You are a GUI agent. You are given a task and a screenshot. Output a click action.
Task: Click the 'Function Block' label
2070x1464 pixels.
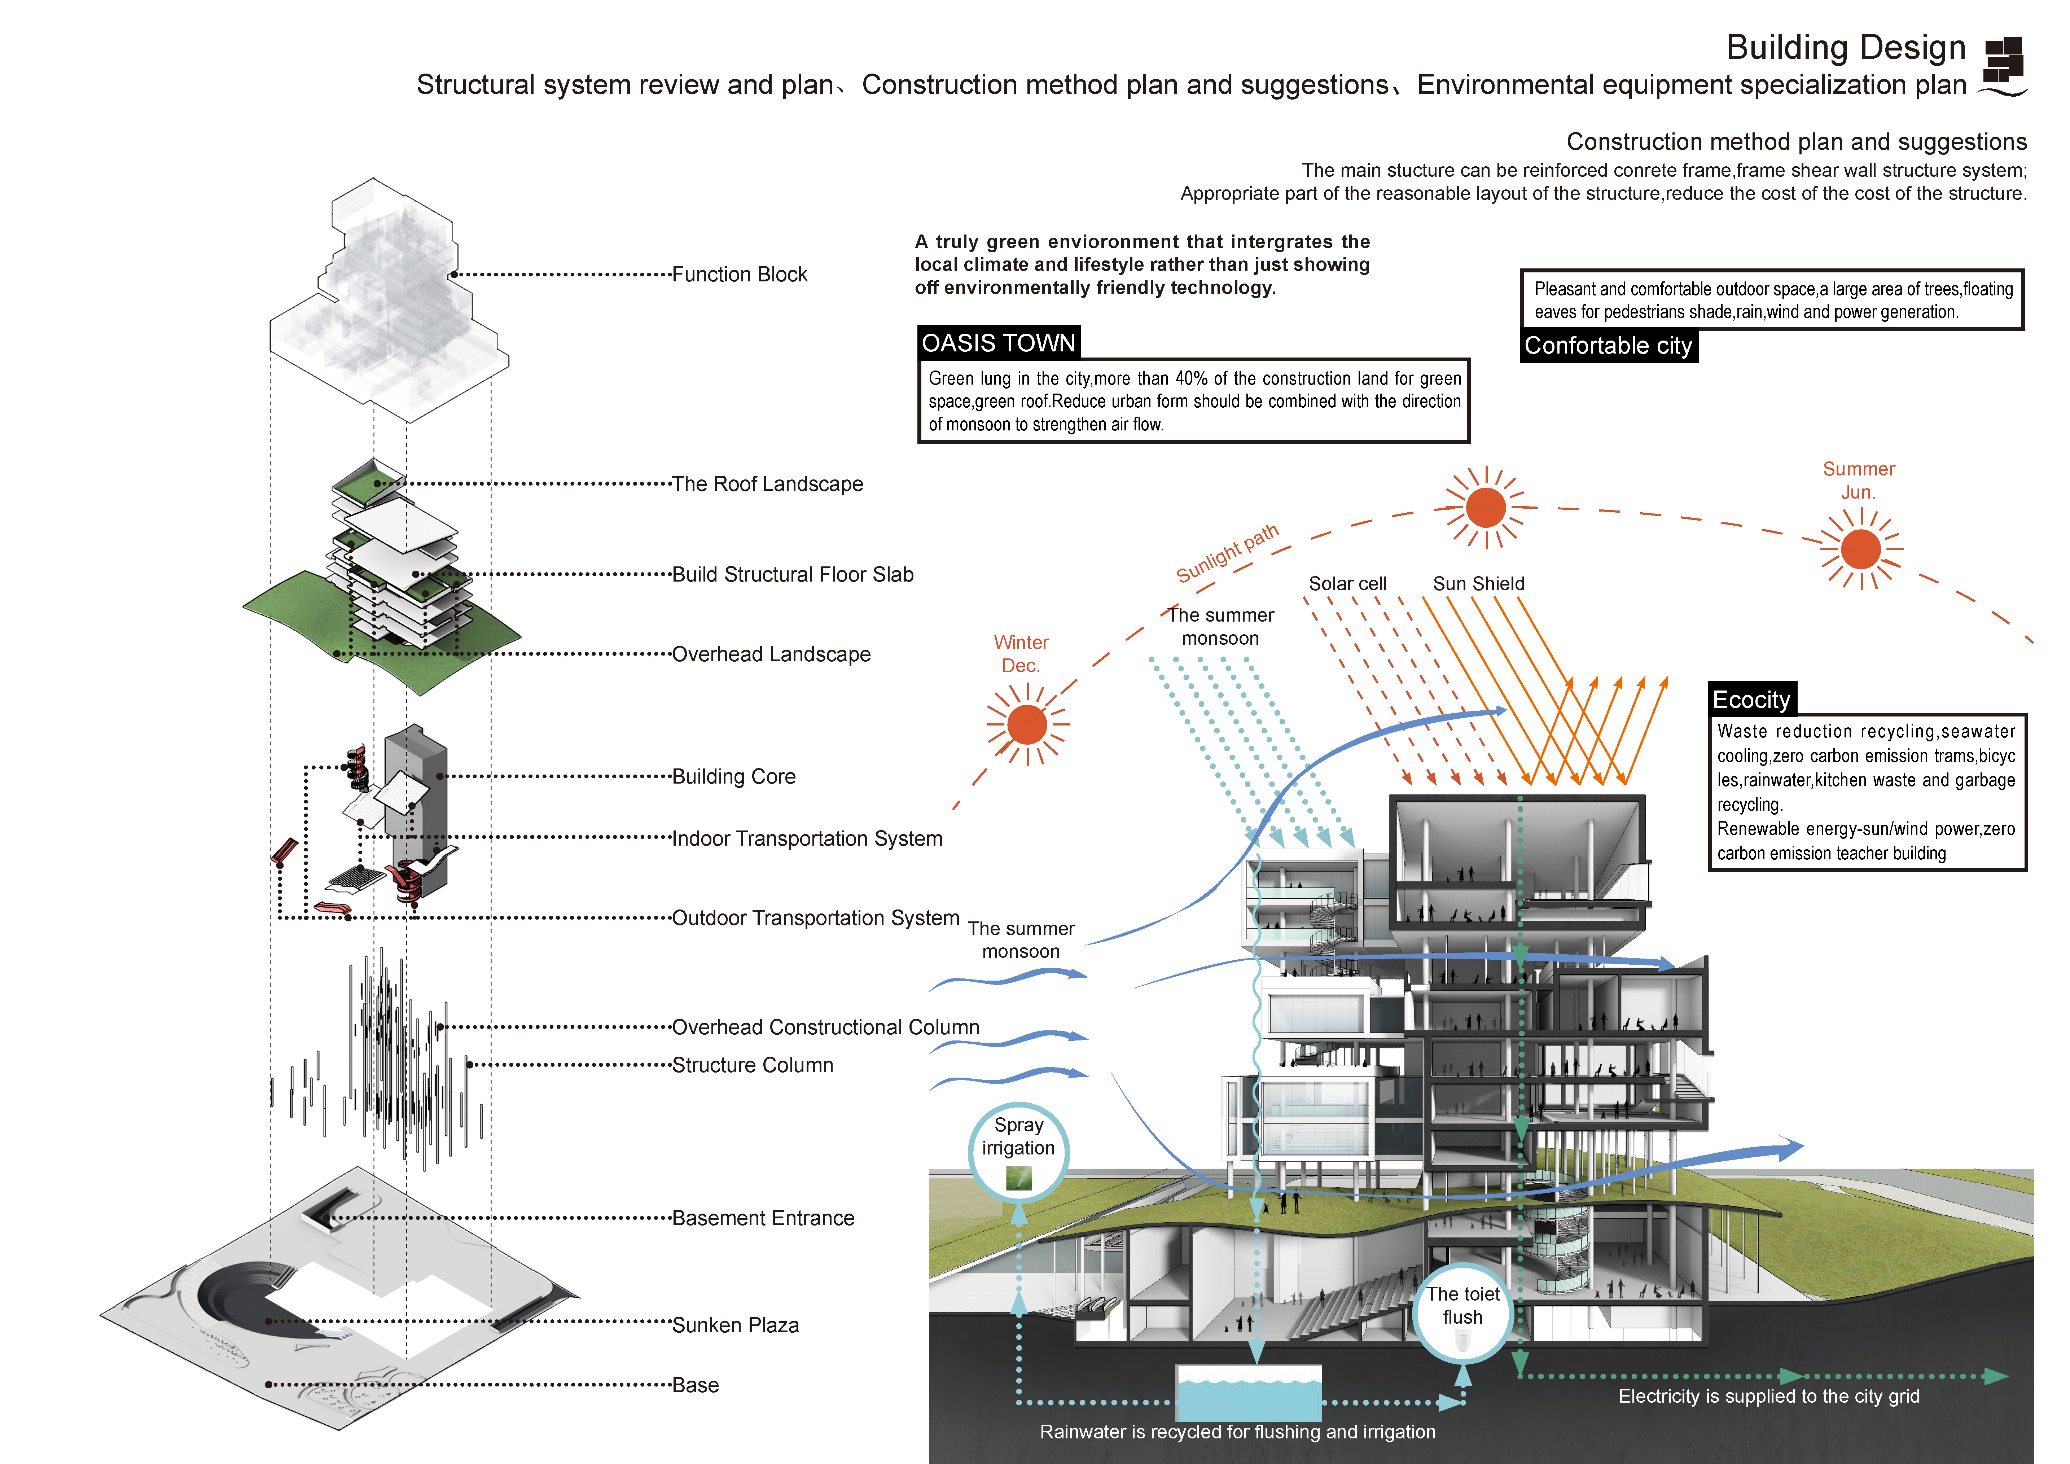tap(739, 274)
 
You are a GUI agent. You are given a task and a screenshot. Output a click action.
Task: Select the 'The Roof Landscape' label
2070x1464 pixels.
tap(767, 484)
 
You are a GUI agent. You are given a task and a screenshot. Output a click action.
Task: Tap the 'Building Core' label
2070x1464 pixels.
tap(734, 776)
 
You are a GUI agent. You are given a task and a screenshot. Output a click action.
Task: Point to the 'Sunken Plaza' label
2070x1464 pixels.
tap(736, 1325)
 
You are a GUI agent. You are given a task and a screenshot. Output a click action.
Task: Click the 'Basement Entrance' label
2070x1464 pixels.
tap(763, 1218)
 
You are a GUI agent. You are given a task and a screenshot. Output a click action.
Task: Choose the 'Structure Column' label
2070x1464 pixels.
tap(753, 1065)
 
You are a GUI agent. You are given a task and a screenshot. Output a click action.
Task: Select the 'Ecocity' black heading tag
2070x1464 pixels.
tap(1751, 700)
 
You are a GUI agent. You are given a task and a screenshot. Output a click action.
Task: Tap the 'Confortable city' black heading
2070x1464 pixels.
tap(1608, 346)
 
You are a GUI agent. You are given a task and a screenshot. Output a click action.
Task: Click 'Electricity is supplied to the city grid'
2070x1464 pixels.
tap(1769, 1397)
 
